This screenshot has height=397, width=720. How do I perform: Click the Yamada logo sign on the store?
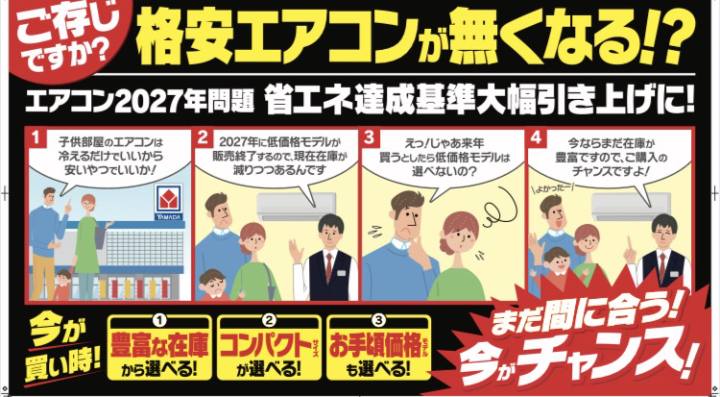[x=169, y=203]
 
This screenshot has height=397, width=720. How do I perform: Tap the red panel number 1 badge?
[x=36, y=137]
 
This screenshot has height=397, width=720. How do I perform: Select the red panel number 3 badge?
[x=369, y=137]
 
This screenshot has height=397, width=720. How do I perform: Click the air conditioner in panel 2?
[x=290, y=207]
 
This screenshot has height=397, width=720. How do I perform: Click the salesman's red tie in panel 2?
[x=328, y=268]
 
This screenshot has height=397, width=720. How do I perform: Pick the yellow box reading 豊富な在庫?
[x=159, y=348]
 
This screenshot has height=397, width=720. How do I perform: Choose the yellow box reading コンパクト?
[x=269, y=348]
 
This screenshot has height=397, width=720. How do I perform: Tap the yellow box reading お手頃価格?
[x=378, y=348]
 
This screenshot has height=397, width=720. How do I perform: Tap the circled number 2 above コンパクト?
[x=269, y=319]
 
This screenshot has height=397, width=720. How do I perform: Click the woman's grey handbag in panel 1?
[x=100, y=239]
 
